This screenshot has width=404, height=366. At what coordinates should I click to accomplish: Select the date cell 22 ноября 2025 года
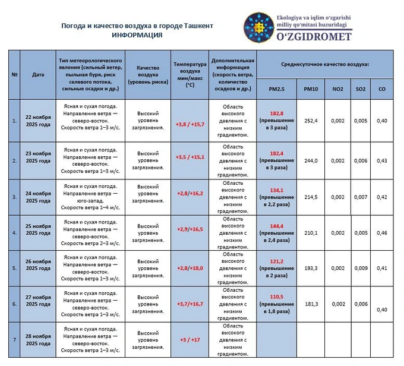(x=38, y=121)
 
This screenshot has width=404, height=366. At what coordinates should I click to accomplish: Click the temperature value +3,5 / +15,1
(x=190, y=157)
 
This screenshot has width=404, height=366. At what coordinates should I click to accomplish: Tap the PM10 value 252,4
(x=311, y=121)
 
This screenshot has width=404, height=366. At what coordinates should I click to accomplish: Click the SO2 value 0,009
(x=360, y=268)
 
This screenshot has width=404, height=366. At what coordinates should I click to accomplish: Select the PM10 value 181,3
(x=311, y=304)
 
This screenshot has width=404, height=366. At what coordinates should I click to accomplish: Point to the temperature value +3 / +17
(x=190, y=340)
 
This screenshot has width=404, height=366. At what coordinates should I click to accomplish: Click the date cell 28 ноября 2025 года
(x=38, y=340)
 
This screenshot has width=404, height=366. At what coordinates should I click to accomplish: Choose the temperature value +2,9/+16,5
(x=190, y=229)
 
